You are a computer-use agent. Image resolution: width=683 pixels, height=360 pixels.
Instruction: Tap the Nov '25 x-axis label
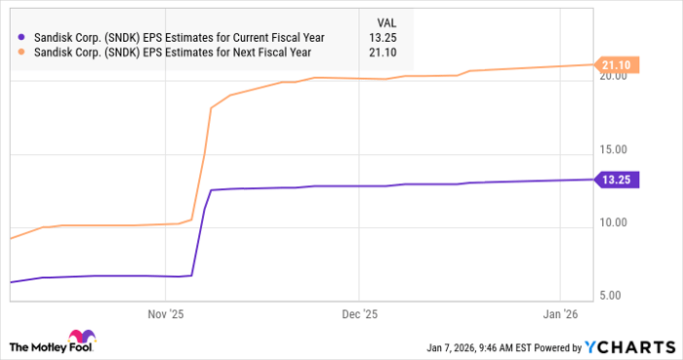[166, 315]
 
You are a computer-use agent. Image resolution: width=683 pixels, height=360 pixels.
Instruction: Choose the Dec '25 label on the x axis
[359, 315]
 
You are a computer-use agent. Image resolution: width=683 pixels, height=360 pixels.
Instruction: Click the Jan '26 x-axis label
[560, 315]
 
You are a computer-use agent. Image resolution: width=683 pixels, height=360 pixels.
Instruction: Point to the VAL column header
[387, 21]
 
